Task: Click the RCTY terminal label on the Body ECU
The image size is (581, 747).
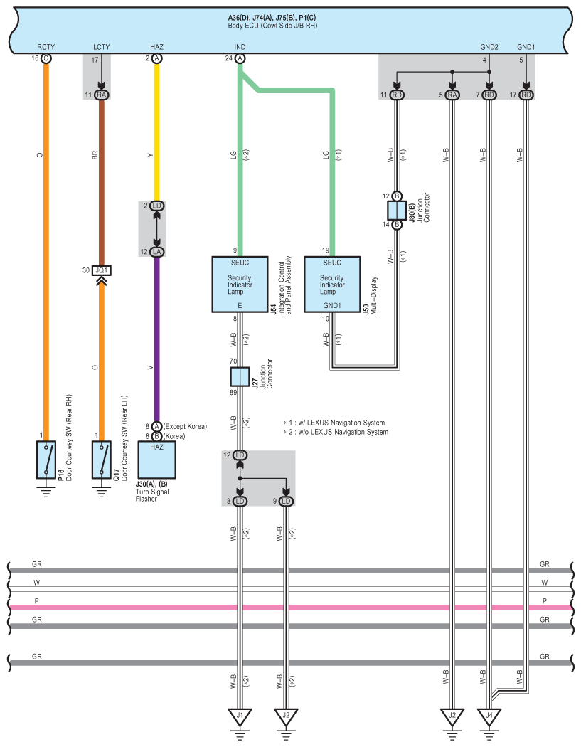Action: click(x=46, y=47)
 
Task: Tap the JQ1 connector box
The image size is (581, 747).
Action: click(x=102, y=270)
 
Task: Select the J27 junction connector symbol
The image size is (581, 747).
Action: click(x=240, y=376)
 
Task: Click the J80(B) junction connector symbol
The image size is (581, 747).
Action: click(x=396, y=210)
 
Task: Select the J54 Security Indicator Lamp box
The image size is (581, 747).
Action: click(x=240, y=284)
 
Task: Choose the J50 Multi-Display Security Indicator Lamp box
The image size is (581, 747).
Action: click(x=332, y=284)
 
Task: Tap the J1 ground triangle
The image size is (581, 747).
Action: click(x=240, y=714)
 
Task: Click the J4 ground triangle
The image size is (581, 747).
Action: click(x=489, y=714)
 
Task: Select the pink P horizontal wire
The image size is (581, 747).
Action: click(x=284, y=608)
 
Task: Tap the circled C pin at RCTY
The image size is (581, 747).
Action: click(x=46, y=58)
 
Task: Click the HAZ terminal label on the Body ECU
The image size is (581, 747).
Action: click(x=156, y=47)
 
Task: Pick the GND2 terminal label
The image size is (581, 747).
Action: click(x=489, y=47)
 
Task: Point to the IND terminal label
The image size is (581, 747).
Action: click(x=240, y=47)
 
